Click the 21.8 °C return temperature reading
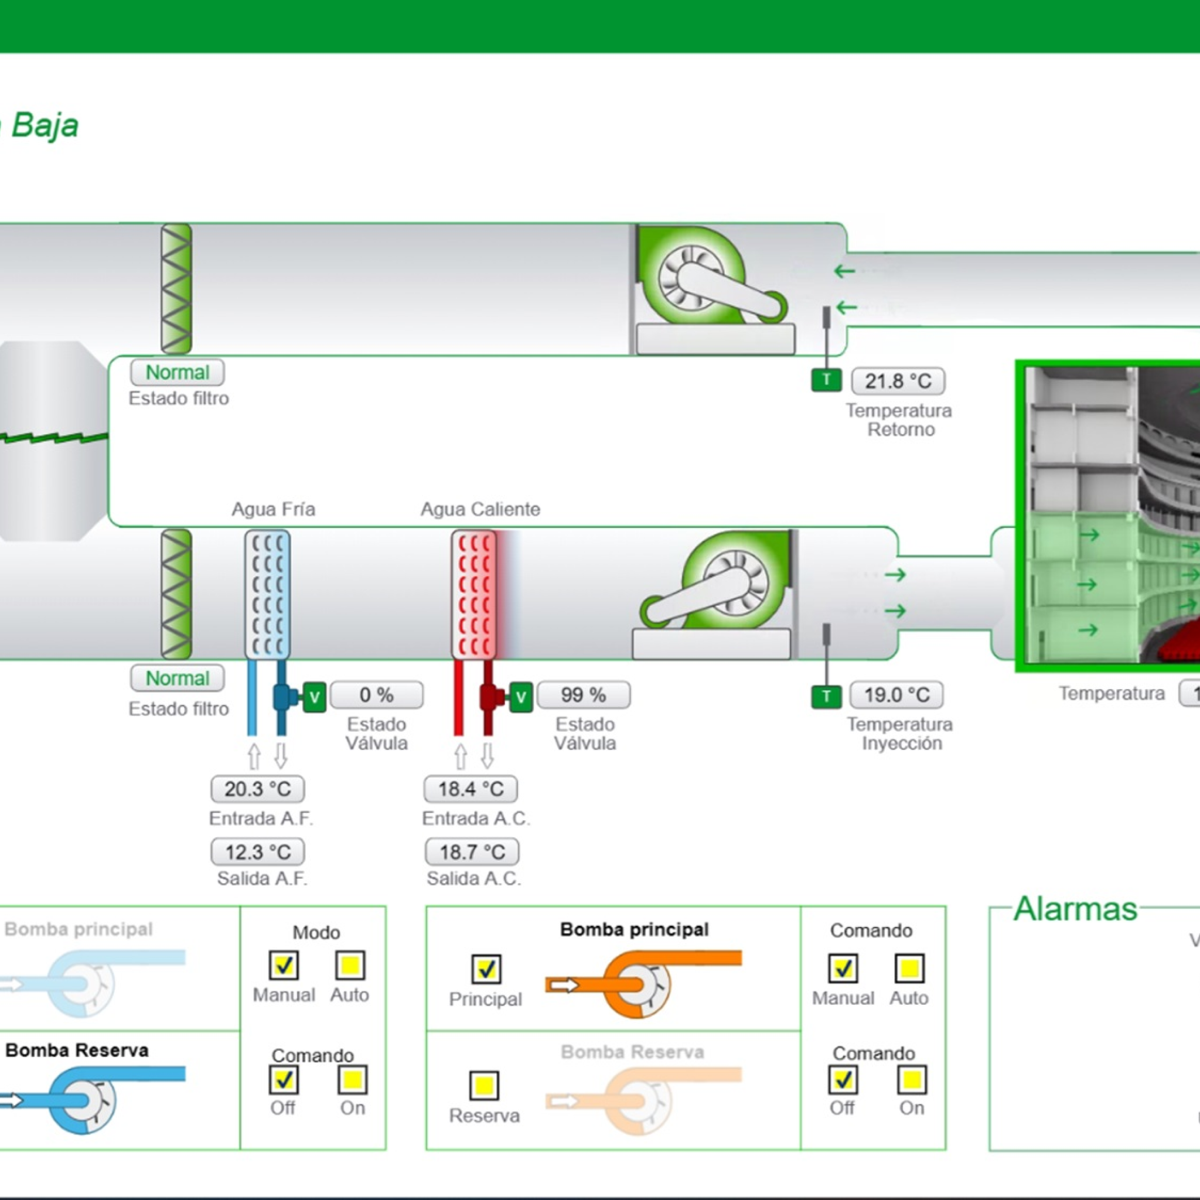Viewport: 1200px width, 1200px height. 898,381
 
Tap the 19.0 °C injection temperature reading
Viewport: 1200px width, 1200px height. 896,694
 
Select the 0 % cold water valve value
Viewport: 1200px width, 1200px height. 376,694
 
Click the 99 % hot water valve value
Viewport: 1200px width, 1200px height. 583,694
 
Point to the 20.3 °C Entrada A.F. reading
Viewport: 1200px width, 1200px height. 258,789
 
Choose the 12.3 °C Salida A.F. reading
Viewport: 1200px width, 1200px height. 258,851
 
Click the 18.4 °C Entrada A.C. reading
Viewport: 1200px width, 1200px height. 471,789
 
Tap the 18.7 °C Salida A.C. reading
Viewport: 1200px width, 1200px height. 472,851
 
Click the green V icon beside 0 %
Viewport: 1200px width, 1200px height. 314,697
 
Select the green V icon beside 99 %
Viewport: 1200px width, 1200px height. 521,697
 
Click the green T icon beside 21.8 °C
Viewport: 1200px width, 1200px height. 826,380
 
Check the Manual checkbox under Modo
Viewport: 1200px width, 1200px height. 284,965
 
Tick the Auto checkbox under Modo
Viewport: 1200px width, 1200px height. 350,965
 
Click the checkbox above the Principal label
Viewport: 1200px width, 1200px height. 486,969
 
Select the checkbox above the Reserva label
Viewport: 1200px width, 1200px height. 485,1086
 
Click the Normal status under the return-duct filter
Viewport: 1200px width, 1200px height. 178,373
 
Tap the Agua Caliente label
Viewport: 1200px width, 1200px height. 480,509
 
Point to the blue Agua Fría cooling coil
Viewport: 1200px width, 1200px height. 268,594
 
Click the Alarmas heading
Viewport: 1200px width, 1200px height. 1075,909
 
